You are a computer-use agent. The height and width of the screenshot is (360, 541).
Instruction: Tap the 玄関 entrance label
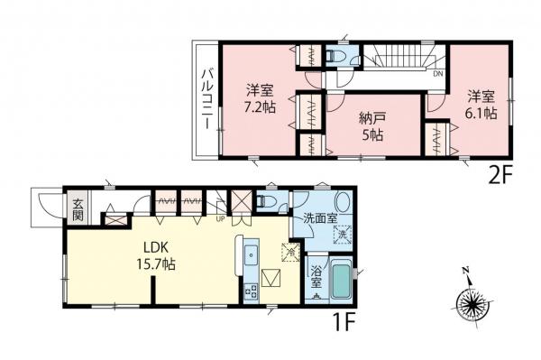click(78, 210)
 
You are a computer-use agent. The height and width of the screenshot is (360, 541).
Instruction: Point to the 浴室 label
click(316, 278)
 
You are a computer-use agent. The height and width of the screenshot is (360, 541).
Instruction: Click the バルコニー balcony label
click(206, 97)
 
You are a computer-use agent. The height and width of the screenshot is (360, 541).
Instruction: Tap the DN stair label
click(438, 76)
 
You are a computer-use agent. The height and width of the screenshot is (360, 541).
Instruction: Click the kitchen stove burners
click(249, 290)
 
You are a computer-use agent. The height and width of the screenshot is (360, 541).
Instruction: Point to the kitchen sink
click(251, 253)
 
